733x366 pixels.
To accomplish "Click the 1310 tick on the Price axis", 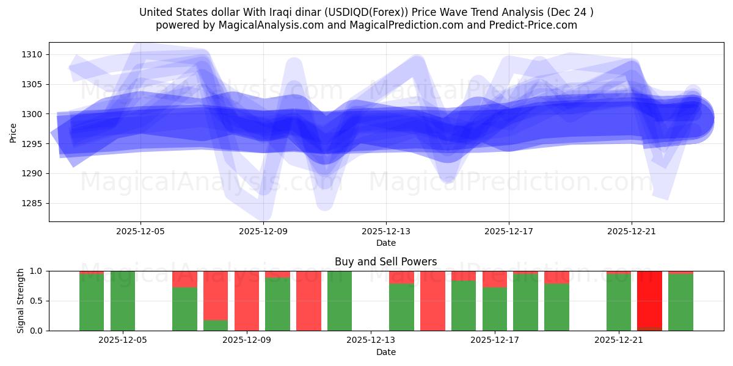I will click(x=32, y=54).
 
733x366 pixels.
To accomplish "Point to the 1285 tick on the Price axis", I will click(x=32, y=203).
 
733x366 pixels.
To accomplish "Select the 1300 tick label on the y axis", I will click(x=32, y=114).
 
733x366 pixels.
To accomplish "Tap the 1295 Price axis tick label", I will click(x=32, y=144).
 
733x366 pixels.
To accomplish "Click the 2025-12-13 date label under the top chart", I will click(x=385, y=231).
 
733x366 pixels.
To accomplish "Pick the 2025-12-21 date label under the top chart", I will click(x=631, y=231).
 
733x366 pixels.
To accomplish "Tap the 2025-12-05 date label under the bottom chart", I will click(x=123, y=340).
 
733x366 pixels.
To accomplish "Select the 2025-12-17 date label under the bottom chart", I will click(x=495, y=340).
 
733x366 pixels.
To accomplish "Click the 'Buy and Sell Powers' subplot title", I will click(x=385, y=262).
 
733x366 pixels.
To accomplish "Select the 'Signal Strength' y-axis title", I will click(x=21, y=301).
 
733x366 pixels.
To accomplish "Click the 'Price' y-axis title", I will click(x=13, y=132).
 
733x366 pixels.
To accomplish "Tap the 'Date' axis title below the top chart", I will click(x=385, y=243).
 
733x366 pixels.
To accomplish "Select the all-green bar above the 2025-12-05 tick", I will click(x=123, y=301).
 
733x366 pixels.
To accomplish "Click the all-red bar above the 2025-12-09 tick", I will click(x=247, y=301).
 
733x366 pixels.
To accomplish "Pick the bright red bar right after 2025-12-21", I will click(x=649, y=301).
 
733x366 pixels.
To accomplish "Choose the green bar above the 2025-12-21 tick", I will click(x=618, y=303).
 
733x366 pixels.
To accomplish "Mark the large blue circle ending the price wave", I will click(x=693, y=120).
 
